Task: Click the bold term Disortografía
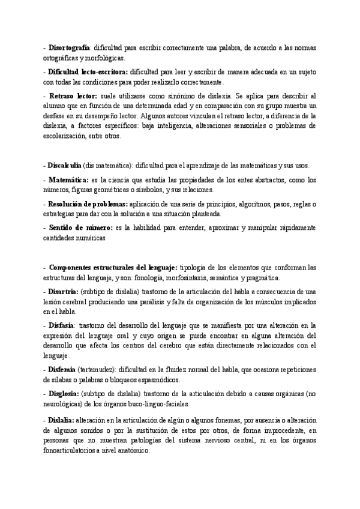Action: point(68,47)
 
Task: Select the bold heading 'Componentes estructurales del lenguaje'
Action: point(113,267)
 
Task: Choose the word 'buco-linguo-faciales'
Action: point(158,403)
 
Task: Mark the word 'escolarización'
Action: point(64,136)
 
